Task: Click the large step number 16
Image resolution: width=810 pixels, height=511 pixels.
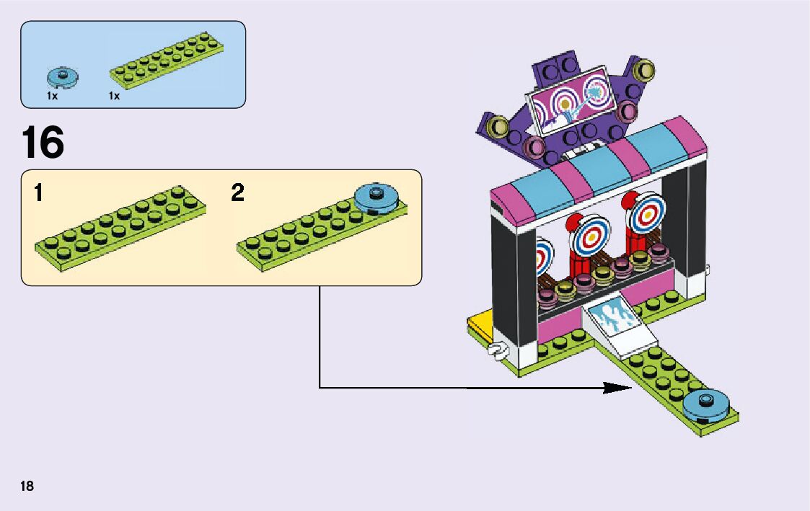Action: pyautogui.click(x=43, y=143)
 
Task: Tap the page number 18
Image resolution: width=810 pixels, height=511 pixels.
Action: pyautogui.click(x=27, y=486)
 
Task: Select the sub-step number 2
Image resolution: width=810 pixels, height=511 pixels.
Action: pyautogui.click(x=238, y=193)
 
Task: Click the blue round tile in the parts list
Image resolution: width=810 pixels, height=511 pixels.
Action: pyautogui.click(x=62, y=76)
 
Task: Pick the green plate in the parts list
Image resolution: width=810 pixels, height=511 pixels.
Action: pyautogui.click(x=166, y=61)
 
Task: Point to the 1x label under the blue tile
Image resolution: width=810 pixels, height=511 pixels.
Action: pyautogui.click(x=52, y=95)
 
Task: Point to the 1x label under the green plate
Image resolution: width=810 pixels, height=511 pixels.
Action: pyautogui.click(x=114, y=95)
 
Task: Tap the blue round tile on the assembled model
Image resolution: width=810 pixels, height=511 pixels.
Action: pyautogui.click(x=706, y=404)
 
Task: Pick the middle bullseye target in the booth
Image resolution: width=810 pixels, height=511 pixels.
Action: pyautogui.click(x=591, y=234)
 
